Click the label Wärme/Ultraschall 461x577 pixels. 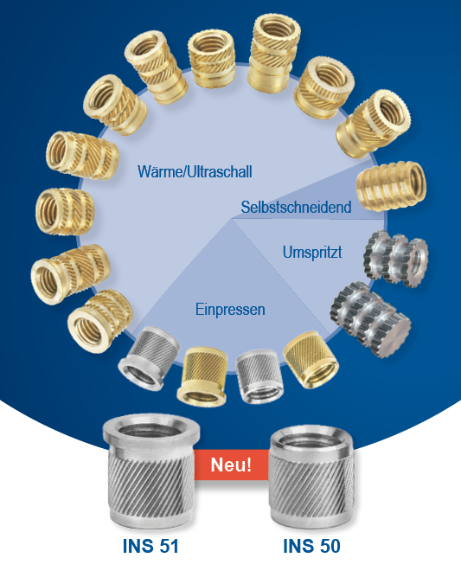pyautogui.click(x=195, y=172)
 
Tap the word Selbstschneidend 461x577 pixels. pyautogui.click(x=296, y=207)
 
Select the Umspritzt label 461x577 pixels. pyautogui.click(x=312, y=253)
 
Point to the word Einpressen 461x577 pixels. pyautogui.click(x=230, y=309)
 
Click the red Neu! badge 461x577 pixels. pyautogui.click(x=231, y=465)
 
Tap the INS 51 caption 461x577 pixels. pyautogui.click(x=150, y=546)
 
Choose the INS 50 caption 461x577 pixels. pyautogui.click(x=311, y=546)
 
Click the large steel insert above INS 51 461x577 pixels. pyautogui.click(x=151, y=471)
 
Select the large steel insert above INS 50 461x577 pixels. pyautogui.click(x=312, y=478)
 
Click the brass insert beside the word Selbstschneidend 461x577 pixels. pyautogui.click(x=391, y=186)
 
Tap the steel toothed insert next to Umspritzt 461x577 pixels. pyautogui.click(x=396, y=259)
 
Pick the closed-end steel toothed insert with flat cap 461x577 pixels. pyautogui.click(x=370, y=319)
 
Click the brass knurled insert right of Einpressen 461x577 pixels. pyautogui.click(x=311, y=359)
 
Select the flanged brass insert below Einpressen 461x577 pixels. pyautogui.click(x=202, y=376)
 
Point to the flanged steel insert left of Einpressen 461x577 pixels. pyautogui.click(x=149, y=357)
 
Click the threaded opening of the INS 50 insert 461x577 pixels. pyautogui.click(x=311, y=437)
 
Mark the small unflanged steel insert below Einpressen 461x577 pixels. pyautogui.click(x=259, y=376)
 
